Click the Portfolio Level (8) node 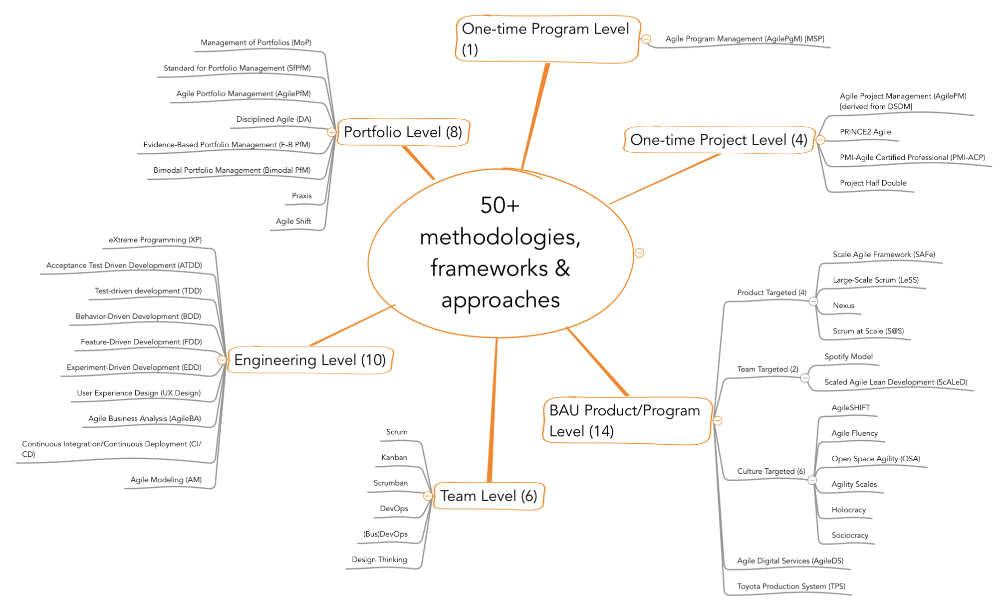(x=403, y=132)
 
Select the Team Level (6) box (x=488, y=496)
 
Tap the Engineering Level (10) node (x=310, y=360)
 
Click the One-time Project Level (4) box (x=719, y=140)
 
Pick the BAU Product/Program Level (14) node (x=625, y=420)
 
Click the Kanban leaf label (x=394, y=458)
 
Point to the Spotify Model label (x=848, y=357)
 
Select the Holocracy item (x=848, y=510)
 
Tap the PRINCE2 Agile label (x=865, y=132)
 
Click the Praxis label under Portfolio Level (x=301, y=196)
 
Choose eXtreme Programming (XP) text (x=155, y=240)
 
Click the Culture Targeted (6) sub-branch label (x=771, y=472)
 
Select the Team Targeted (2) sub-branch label (x=767, y=369)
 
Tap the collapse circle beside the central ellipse (x=639, y=253)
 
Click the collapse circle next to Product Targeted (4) (x=813, y=302)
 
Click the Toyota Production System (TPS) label (x=791, y=587)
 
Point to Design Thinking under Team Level (x=379, y=560)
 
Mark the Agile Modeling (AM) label (x=166, y=480)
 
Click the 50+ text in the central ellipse (x=500, y=205)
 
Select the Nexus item (x=843, y=306)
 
